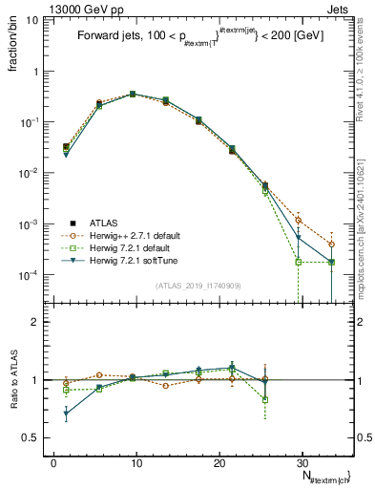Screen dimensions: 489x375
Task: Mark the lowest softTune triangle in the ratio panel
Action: [66, 414]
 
